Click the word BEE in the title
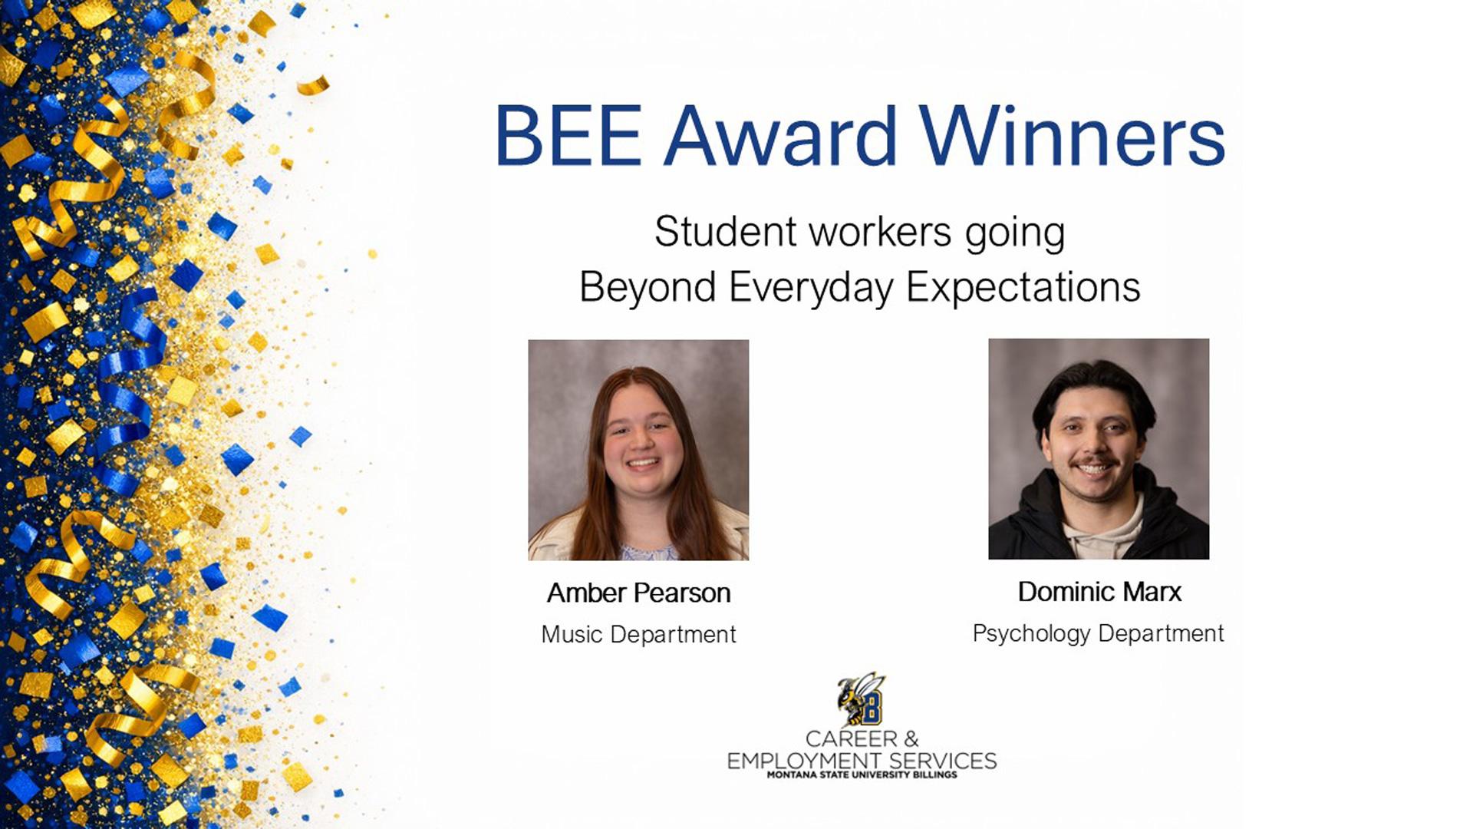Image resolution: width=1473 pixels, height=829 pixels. coord(568,135)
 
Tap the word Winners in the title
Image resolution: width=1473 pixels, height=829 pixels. coord(1073,135)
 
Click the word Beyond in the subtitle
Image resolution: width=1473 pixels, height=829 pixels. coord(648,288)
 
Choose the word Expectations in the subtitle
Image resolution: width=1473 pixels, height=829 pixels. coord(1023,288)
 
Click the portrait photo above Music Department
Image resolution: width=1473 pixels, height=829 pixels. coord(638,450)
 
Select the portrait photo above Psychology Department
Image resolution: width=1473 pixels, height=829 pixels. coord(1099,448)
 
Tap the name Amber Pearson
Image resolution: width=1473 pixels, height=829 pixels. coord(638,593)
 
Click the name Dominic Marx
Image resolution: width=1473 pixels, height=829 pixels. coord(1099,591)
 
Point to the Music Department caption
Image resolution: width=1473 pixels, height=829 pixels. coord(638,635)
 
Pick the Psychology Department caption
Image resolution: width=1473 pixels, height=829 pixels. coord(1099,634)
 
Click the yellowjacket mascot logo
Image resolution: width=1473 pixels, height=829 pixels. coord(861,699)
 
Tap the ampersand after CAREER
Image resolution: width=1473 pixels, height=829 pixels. coord(911,739)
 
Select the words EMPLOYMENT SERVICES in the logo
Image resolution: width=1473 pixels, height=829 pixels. coord(862,761)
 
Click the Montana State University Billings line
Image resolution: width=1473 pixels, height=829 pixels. coord(862,775)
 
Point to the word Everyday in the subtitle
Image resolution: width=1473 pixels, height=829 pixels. coord(812,288)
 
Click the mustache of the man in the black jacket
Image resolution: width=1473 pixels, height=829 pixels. coord(1094,461)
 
